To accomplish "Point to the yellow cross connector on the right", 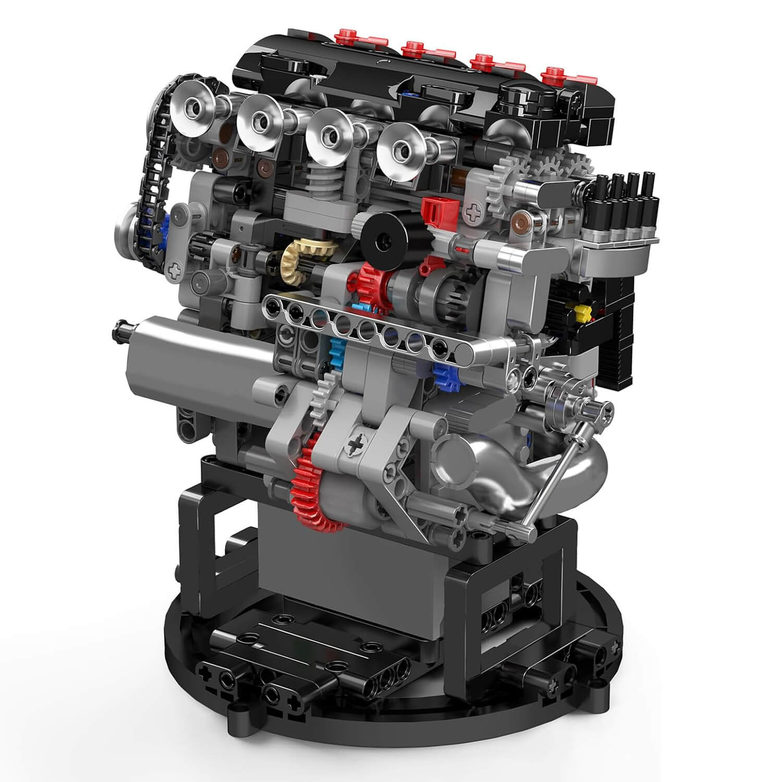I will [x=582, y=312].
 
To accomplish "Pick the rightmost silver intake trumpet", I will [x=402, y=149].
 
